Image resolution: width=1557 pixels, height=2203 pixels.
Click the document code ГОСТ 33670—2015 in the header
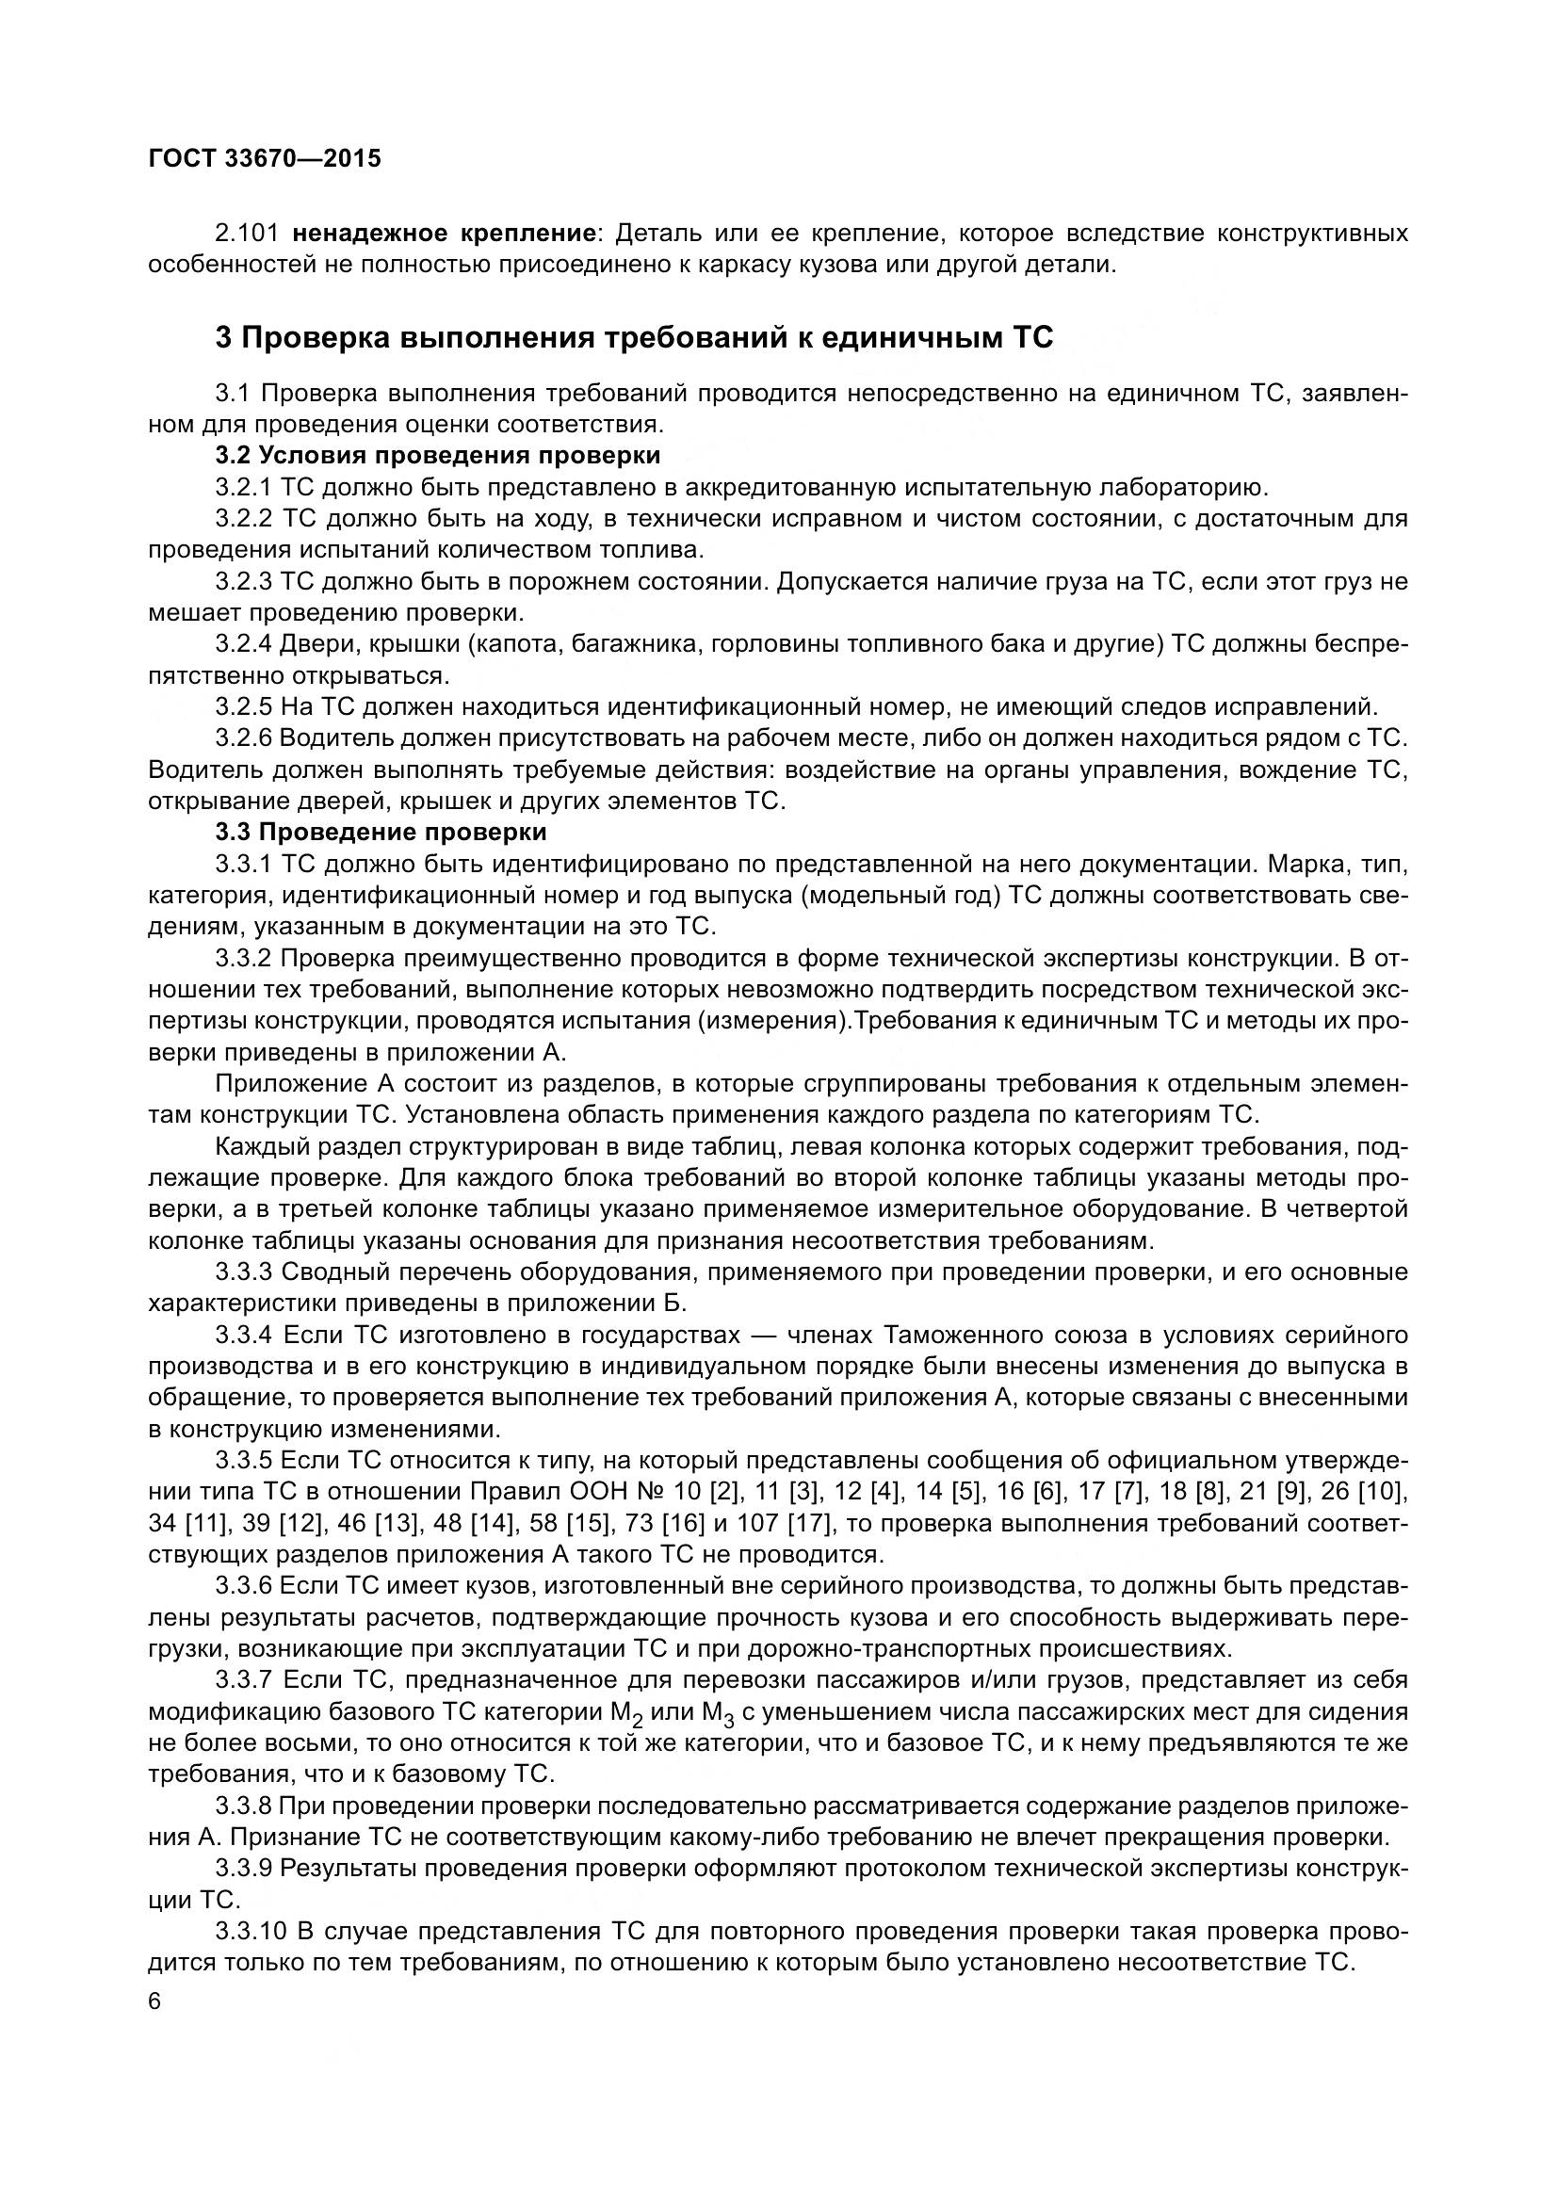(265, 158)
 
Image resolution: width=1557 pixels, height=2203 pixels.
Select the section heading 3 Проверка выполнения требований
(633, 338)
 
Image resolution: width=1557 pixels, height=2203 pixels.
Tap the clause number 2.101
(248, 234)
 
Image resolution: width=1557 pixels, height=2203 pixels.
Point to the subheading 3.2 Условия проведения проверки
(438, 455)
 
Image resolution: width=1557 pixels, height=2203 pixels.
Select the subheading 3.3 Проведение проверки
(381, 832)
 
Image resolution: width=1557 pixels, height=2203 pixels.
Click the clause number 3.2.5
(245, 707)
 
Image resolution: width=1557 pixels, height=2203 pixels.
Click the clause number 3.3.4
(245, 1335)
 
